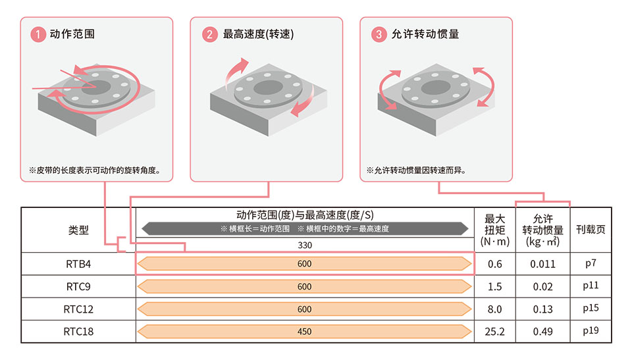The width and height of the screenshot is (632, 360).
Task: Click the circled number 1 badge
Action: click(38, 34)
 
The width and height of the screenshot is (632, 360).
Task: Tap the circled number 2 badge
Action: click(209, 34)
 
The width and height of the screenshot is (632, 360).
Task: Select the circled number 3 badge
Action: click(379, 34)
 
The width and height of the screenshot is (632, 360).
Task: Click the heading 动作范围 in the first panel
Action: click(72, 34)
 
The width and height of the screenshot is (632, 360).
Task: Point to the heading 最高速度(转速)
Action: click(258, 34)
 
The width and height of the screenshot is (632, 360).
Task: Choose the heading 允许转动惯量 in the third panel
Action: click(425, 34)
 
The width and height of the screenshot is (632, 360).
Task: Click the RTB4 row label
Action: click(78, 264)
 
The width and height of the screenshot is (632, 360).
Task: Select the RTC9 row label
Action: click(78, 287)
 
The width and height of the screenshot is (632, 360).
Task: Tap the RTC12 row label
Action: click(78, 309)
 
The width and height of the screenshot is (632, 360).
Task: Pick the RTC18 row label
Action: click(78, 332)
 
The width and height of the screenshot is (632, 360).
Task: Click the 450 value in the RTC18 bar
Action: click(304, 332)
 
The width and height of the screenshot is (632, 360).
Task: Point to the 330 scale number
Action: click(305, 245)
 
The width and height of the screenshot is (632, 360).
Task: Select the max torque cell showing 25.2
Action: click(494, 332)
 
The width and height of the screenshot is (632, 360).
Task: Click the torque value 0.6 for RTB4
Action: click(494, 264)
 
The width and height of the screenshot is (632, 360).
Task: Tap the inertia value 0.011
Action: click(542, 264)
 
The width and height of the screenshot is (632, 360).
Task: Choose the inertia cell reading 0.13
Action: click(542, 309)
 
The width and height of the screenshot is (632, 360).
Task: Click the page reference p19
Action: click(591, 331)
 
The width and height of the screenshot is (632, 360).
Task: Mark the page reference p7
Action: click(591, 264)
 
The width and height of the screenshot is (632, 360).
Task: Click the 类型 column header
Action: click(78, 230)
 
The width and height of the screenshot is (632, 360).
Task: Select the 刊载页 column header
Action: click(591, 230)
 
